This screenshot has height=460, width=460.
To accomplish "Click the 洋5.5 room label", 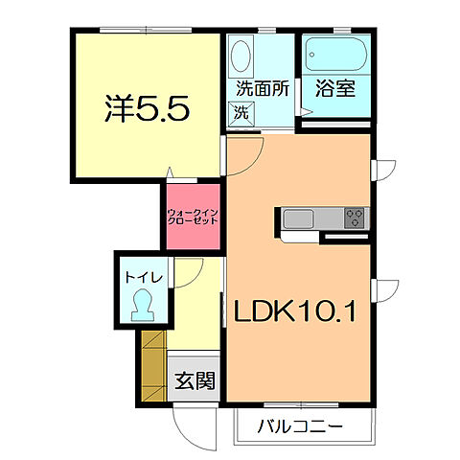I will pos(145,107).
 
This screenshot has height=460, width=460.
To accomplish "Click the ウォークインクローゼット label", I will pos(192,216).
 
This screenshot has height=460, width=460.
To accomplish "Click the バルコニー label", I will pos(301,425).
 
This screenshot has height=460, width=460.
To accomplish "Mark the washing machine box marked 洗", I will pos(241,112).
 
